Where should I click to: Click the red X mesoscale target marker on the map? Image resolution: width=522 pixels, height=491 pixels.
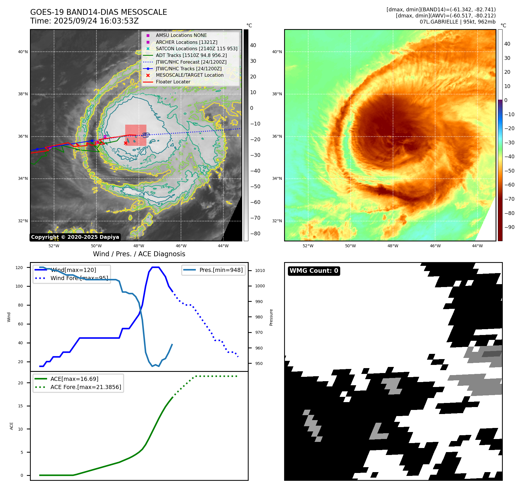125,143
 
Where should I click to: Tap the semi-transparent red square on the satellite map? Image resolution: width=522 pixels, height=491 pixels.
136,135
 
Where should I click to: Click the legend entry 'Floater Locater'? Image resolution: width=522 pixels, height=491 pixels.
173,82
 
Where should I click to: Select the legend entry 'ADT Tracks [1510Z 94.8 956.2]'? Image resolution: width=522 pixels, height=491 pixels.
191,55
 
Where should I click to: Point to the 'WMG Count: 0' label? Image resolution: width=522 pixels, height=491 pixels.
314,271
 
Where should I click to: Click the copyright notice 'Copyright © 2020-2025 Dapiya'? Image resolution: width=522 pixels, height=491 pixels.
75,237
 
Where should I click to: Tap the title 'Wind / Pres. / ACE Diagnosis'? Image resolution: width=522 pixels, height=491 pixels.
139,254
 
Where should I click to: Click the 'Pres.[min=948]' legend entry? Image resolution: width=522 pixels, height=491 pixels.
221,270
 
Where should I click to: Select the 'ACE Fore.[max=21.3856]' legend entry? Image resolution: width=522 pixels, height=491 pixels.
86,387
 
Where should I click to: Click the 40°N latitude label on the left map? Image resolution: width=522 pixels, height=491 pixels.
23,52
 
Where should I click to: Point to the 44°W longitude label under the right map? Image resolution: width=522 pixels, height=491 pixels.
477,246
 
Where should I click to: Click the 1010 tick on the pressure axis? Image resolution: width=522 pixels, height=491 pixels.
260,270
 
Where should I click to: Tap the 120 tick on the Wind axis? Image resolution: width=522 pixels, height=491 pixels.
19,268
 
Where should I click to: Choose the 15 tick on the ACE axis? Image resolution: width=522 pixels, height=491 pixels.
20,406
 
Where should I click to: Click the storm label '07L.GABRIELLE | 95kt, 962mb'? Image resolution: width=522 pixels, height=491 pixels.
458,22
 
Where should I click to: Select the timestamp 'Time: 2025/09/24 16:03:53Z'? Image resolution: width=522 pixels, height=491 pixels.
85,21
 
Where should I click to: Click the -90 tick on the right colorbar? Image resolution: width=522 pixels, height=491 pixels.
509,227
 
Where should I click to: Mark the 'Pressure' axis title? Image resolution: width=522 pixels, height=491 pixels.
271,317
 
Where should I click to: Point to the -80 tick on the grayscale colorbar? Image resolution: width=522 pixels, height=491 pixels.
255,234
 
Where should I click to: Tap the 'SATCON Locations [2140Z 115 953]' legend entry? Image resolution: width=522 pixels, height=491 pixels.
196,49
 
